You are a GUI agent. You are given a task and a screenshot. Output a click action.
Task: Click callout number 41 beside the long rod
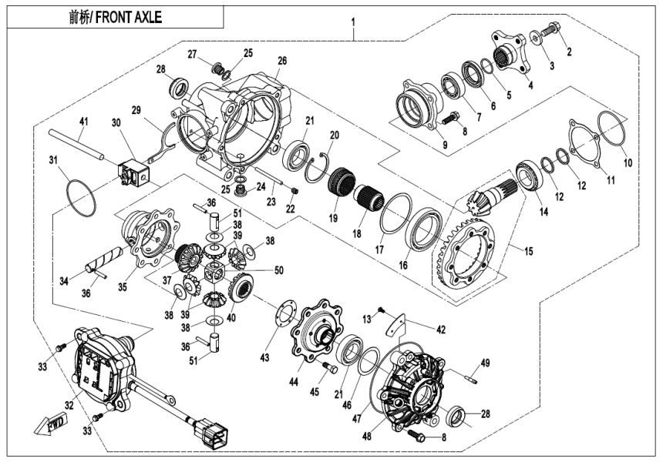[84, 121]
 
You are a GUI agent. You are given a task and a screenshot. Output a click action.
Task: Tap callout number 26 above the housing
[281, 60]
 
